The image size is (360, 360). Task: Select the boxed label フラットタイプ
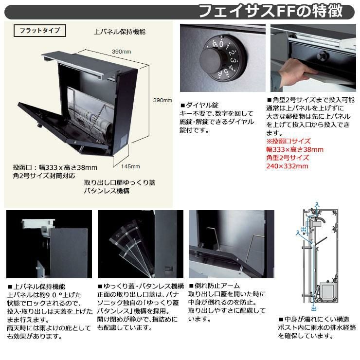tap(40, 31)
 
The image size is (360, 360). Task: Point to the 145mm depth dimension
tap(130, 166)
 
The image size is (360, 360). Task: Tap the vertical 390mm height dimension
tap(162, 100)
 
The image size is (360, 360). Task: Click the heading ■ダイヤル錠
tap(199, 105)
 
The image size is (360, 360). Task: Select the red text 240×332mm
tap(287, 166)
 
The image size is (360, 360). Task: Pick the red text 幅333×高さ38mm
tap(295, 149)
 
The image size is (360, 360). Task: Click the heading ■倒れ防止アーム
tap(214, 286)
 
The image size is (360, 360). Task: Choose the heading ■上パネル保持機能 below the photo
tap(36, 287)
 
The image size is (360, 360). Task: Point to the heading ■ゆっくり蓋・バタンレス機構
tap(141, 286)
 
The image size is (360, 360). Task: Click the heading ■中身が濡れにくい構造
tap(314, 319)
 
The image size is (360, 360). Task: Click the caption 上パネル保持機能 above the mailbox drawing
tap(120, 32)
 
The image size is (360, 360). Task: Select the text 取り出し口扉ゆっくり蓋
tap(120, 182)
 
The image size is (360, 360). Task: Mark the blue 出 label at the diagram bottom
tap(314, 308)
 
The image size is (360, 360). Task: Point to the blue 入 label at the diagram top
tap(317, 204)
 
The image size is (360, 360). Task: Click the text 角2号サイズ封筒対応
tap(44, 176)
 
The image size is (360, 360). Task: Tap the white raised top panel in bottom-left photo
tap(38, 223)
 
